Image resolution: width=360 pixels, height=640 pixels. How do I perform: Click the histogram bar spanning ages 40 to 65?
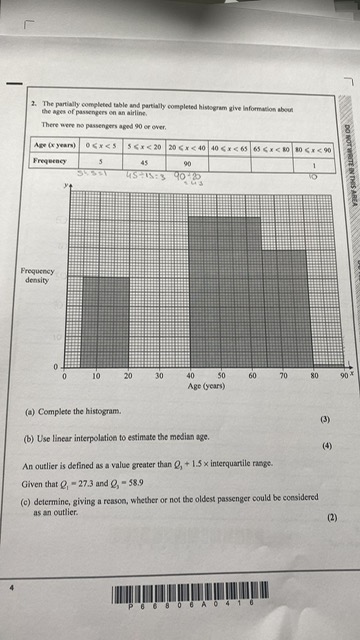[x=225, y=291]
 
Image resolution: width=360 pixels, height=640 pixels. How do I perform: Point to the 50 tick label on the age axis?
[x=221, y=377]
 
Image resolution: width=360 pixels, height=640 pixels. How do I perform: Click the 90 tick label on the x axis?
[x=343, y=377]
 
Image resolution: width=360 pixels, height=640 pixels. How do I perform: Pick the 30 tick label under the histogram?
[x=159, y=377]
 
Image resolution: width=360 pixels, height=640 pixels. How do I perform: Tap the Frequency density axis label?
[x=36, y=276]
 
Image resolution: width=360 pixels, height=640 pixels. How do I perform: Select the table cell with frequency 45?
[x=145, y=161]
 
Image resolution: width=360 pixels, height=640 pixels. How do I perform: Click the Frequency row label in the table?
[x=51, y=160]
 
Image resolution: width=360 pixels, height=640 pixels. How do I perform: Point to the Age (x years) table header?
[x=55, y=146]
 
